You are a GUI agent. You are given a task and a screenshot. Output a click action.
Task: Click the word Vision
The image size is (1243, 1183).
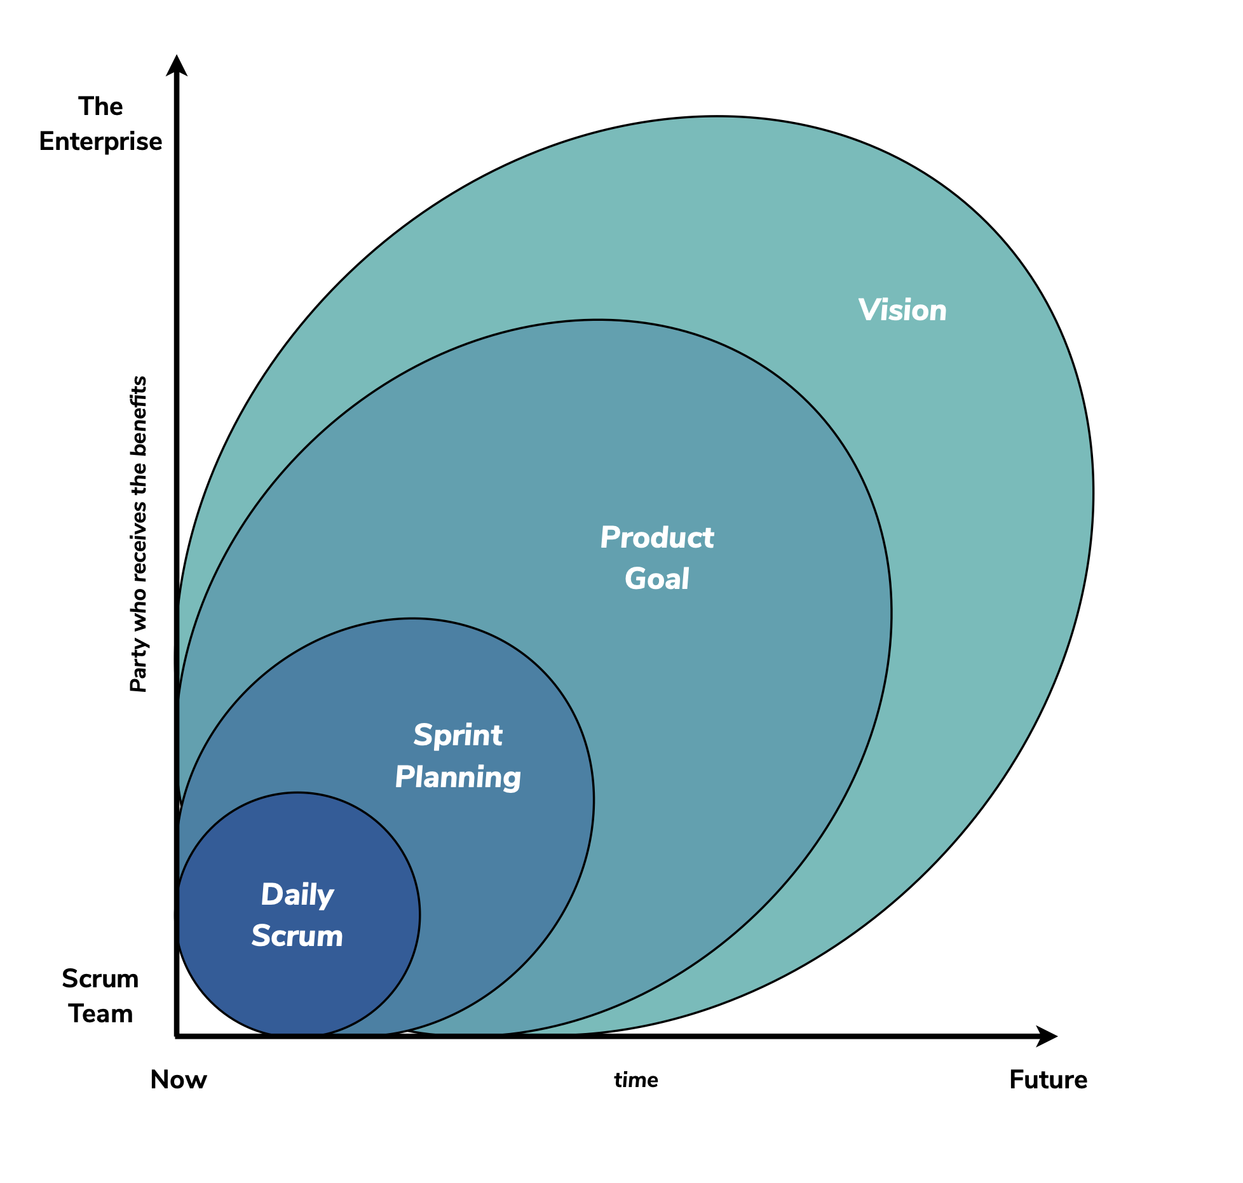[x=902, y=311]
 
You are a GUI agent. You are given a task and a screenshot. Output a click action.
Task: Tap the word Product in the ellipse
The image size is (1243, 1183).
[x=657, y=538]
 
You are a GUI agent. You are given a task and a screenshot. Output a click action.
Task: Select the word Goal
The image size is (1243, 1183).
[x=657, y=579]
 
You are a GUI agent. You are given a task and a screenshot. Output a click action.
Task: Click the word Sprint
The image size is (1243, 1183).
[x=458, y=736]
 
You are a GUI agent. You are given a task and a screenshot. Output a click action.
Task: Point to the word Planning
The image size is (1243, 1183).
[x=458, y=778]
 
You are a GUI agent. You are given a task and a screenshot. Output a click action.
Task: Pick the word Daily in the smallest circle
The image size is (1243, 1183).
[x=297, y=895]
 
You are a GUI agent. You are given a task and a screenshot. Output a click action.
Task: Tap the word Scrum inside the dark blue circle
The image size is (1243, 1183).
[x=297, y=936]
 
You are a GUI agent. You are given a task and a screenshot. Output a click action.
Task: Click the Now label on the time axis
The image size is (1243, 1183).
[x=179, y=1080]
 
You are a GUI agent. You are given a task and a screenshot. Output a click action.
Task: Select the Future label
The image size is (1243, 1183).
[x=1048, y=1080]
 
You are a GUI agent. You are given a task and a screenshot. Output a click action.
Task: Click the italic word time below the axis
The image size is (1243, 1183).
[x=636, y=1080]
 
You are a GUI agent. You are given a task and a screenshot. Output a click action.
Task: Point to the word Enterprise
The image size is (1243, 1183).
[x=100, y=142]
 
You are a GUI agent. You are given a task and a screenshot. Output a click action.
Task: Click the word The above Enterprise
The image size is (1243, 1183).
[x=100, y=107]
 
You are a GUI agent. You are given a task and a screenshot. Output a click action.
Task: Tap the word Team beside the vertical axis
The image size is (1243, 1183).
[x=100, y=1014]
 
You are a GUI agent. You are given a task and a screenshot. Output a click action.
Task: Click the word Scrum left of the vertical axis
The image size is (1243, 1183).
[x=100, y=979]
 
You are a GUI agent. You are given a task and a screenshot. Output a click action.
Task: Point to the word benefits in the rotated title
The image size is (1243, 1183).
[x=139, y=417]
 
